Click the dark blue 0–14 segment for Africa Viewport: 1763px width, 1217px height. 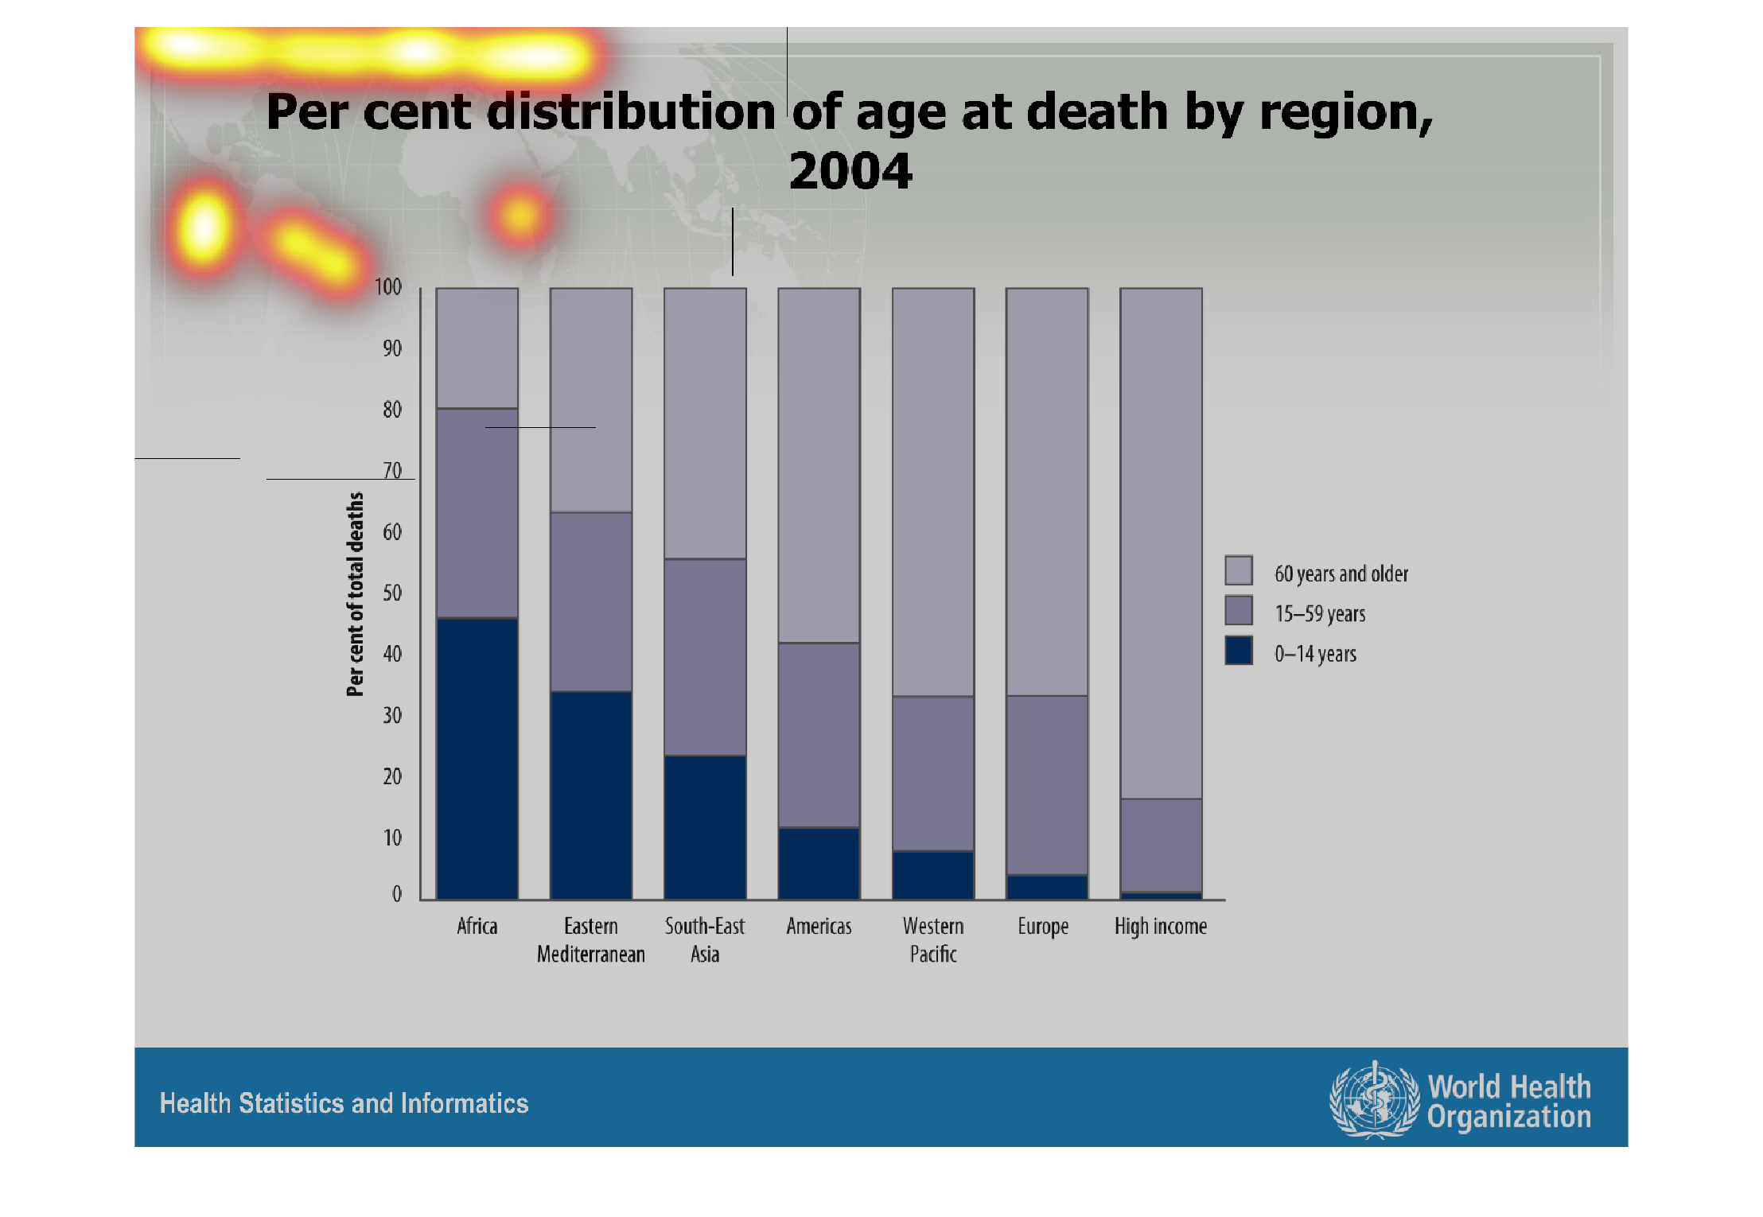point(477,758)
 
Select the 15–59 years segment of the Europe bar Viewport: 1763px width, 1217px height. point(1047,785)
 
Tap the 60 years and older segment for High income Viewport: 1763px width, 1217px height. point(1161,543)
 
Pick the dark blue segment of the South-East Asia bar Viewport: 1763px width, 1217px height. point(705,827)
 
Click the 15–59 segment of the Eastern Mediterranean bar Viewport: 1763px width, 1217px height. point(591,601)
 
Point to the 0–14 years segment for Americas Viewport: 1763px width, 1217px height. point(819,863)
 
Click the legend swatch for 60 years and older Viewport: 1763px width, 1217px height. point(1239,570)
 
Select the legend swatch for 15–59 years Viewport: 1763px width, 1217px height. point(1239,611)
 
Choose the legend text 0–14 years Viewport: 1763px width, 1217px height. point(1315,654)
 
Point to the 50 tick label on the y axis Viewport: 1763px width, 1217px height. point(392,593)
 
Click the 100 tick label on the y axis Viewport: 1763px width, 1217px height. point(388,287)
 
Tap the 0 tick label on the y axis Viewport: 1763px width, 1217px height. point(396,894)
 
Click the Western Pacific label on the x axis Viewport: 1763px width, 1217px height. point(933,939)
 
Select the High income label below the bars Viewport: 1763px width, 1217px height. point(1161,927)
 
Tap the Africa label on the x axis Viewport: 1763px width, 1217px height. point(477,927)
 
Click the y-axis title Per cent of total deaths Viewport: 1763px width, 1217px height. point(355,594)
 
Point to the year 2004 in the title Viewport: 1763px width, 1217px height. point(850,171)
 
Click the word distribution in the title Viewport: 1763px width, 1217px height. point(631,111)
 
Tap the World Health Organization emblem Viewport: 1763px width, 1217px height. point(1374,1100)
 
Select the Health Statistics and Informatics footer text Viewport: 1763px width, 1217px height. point(344,1103)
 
